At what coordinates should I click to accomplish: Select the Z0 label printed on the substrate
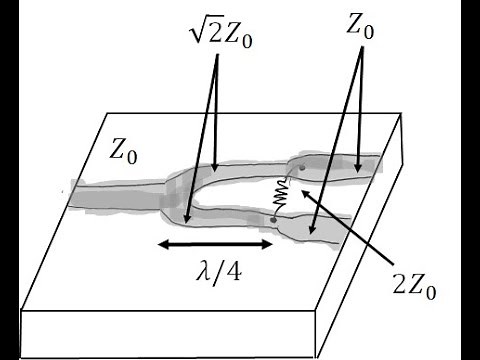[125, 152]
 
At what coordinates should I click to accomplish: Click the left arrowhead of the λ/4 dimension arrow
[157, 244]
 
